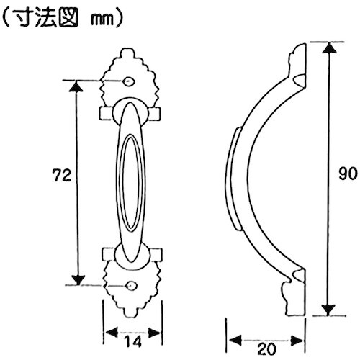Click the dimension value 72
(61, 175)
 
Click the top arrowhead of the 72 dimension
(76, 85)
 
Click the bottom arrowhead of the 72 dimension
(76, 280)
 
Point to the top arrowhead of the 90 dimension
(328, 48)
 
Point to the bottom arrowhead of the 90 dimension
(328, 310)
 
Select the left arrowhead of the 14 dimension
(110, 333)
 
